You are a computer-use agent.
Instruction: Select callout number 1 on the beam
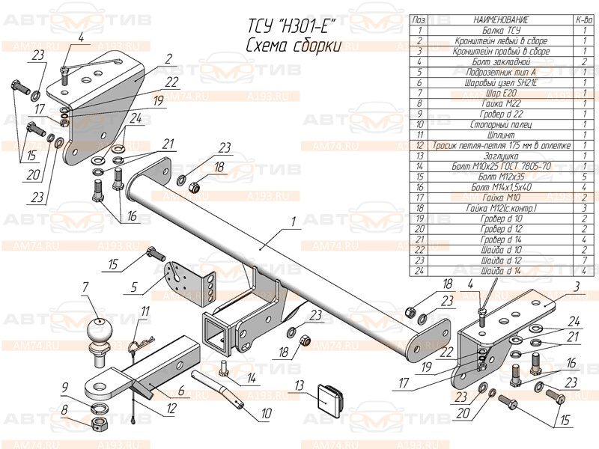pyautogui.click(x=294, y=221)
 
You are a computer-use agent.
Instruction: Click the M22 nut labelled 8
pyautogui.click(x=101, y=426)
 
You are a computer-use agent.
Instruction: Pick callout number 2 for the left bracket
pyautogui.click(x=169, y=58)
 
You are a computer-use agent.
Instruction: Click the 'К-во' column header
pyautogui.click(x=583, y=19)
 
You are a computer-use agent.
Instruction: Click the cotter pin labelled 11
pyautogui.click(x=137, y=346)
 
